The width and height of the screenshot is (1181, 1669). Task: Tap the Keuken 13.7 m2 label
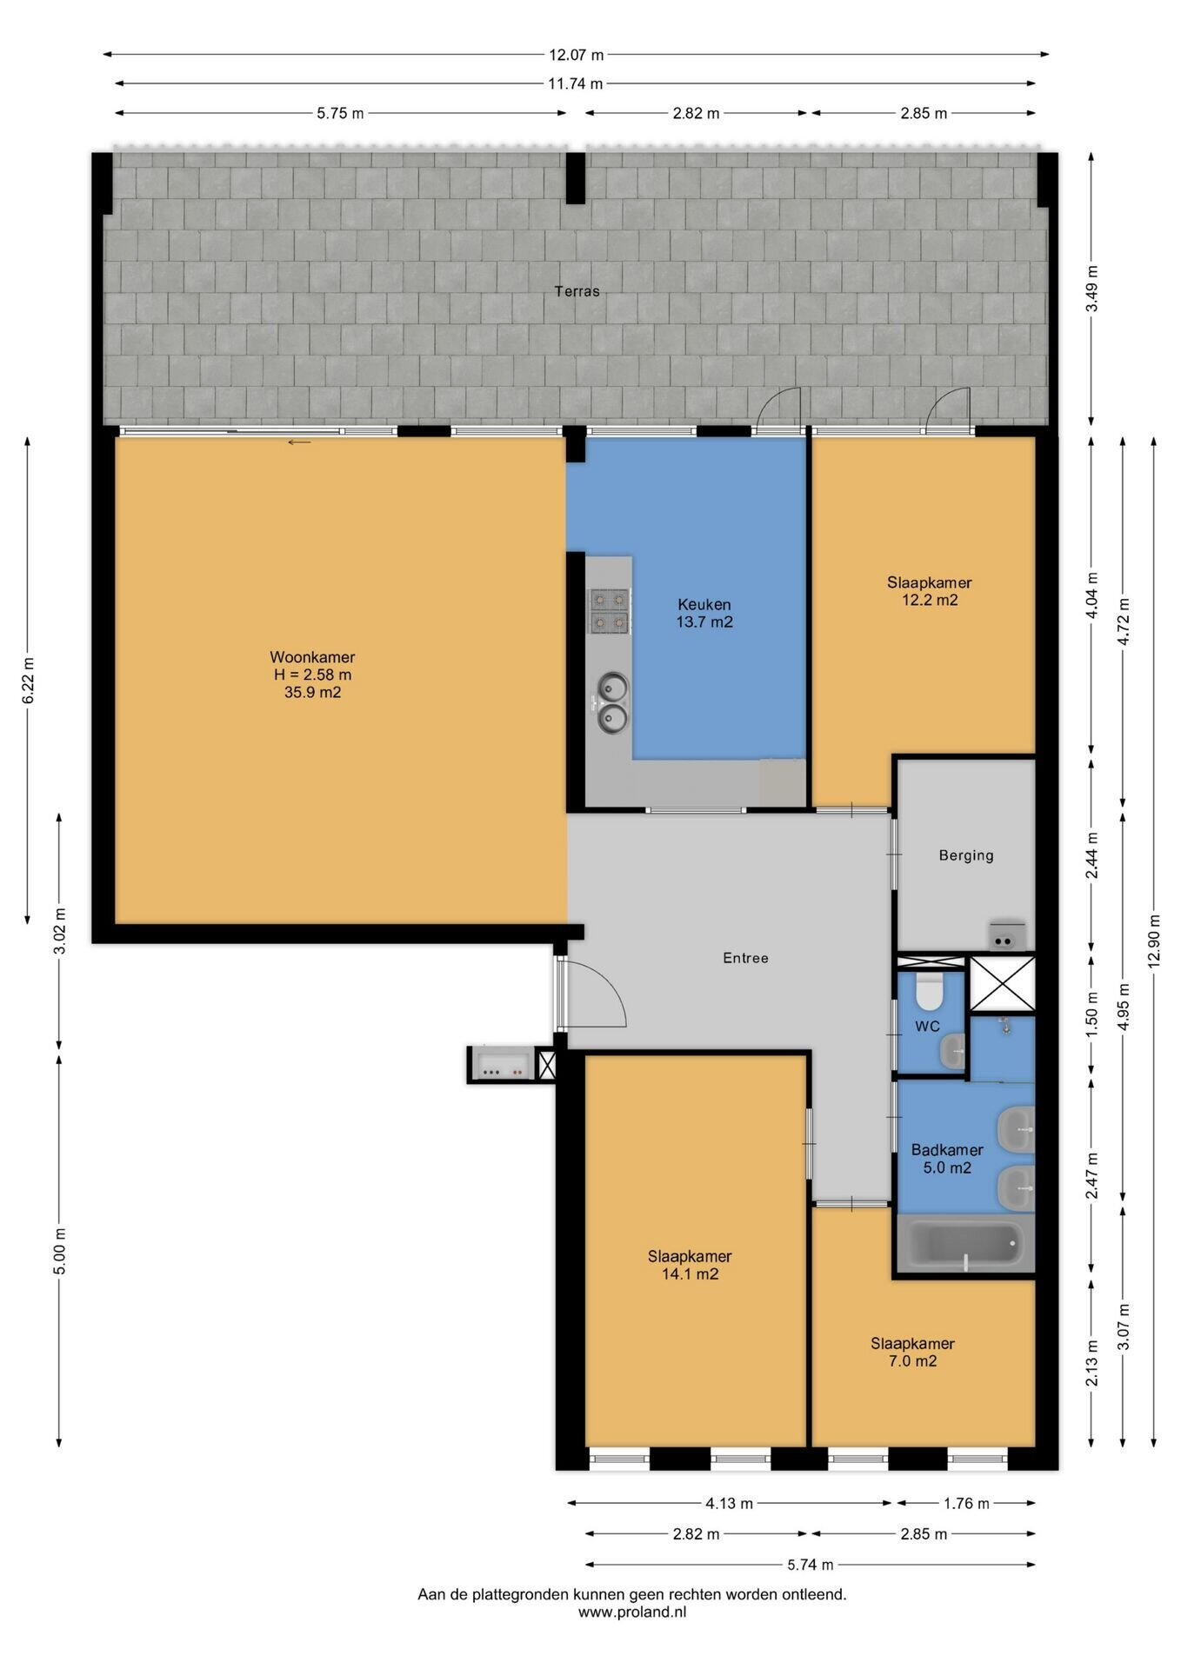coord(704,613)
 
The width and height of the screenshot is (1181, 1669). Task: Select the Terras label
coord(577,291)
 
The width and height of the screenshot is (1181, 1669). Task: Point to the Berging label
coord(966,855)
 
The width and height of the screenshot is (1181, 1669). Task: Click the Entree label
coord(746,958)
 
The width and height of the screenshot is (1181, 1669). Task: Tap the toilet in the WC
coord(930,987)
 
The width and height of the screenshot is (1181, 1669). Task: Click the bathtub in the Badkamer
coord(965,1246)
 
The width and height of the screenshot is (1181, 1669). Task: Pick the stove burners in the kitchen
coord(609,610)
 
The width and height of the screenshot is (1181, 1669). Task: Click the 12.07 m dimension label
coord(576,55)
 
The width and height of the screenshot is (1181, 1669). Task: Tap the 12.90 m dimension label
coord(1154,941)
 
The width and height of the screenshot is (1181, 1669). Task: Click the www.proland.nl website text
coord(632,1611)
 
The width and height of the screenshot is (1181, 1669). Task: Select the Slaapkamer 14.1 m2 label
coord(690,1265)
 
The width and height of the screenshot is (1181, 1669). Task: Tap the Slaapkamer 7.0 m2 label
coord(912,1352)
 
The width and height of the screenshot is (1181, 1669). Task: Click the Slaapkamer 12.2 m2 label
coord(929,591)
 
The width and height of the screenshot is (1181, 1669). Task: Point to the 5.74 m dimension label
coord(811,1565)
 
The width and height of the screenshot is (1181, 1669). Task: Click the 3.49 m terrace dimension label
coord(1092,289)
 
